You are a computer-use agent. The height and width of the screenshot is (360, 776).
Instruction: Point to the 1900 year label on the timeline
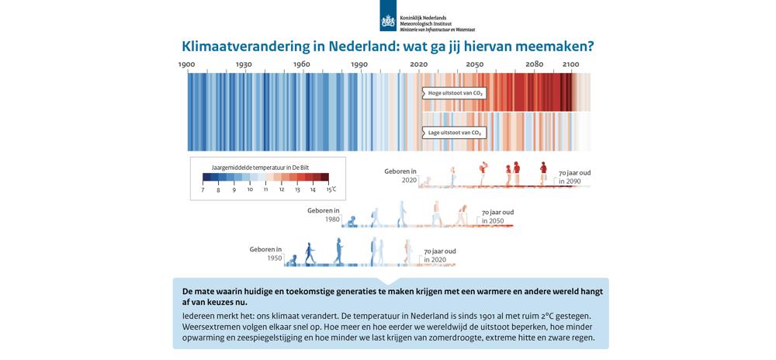point(187,64)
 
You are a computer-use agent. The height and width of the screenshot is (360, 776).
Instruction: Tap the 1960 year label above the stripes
point(301,64)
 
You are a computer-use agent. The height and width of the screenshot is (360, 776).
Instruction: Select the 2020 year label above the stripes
point(418,64)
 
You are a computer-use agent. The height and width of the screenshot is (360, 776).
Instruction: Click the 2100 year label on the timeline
point(570,64)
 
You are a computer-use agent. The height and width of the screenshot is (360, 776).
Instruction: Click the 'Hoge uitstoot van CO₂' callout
point(456,94)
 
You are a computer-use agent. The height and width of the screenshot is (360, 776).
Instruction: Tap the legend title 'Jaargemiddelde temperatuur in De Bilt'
point(261,167)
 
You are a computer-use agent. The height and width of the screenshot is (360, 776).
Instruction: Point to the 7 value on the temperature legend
point(203,189)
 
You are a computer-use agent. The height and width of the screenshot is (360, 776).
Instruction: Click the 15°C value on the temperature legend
point(330,189)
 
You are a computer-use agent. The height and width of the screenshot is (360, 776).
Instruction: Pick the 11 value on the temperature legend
point(265,189)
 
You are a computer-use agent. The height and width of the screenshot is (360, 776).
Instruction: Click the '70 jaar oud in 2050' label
point(497,216)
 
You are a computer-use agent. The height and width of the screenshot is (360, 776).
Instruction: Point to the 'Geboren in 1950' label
point(265,254)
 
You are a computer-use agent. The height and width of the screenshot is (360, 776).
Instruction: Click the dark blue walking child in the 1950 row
point(309,253)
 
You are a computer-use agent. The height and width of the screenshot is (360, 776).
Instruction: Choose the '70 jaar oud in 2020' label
point(439,255)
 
